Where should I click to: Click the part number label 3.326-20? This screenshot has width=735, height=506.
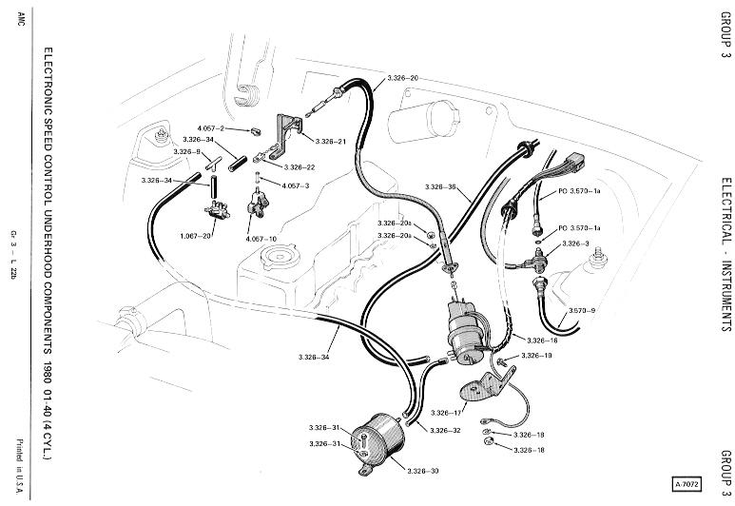[402, 78]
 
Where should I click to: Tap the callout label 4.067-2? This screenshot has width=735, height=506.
[211, 128]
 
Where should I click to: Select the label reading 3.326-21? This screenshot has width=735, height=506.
[331, 141]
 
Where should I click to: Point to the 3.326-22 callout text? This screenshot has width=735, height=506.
[300, 167]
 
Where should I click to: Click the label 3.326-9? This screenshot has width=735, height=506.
[187, 152]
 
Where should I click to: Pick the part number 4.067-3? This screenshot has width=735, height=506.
[296, 185]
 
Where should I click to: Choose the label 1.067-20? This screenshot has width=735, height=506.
[196, 236]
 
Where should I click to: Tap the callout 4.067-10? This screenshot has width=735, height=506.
[261, 239]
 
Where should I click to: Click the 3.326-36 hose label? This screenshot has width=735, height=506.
[440, 187]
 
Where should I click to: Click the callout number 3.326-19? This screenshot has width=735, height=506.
[536, 356]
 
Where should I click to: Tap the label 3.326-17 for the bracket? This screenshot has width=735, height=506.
[446, 413]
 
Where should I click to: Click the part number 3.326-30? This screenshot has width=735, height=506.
[423, 471]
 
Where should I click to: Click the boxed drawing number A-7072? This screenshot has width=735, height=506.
[687, 484]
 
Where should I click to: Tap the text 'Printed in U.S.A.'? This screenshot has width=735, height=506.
[20, 466]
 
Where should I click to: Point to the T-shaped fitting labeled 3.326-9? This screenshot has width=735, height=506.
[214, 165]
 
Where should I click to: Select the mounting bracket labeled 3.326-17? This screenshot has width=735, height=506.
[488, 383]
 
